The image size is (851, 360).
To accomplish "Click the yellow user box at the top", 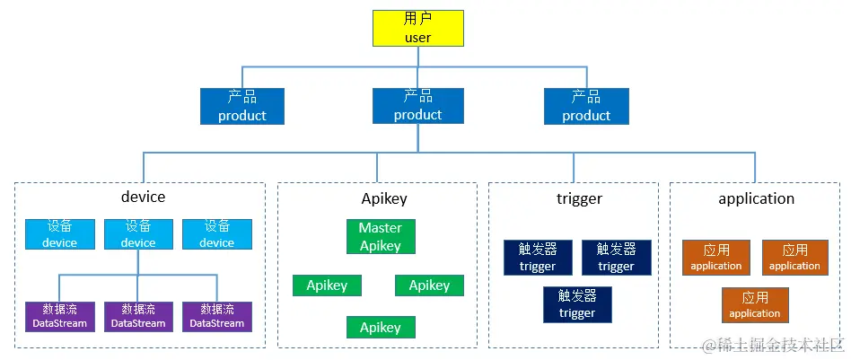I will coord(418,28).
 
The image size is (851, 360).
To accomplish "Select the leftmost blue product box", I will coord(241,106).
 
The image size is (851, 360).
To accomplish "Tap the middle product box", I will coord(418,106).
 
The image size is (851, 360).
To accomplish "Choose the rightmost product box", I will coord(586,106).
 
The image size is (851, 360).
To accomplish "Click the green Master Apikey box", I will coord(380,237).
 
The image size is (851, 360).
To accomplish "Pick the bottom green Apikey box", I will coord(380,328).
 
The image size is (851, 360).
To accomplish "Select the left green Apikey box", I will coord(327,285).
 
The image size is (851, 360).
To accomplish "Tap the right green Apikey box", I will coord(429,285).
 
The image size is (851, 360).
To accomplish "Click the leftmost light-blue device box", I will coord(59,234).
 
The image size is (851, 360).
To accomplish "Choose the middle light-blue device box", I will coord(138,234).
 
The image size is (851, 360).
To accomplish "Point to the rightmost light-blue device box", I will coord(216,234).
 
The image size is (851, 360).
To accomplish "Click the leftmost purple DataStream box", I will coord(59,316).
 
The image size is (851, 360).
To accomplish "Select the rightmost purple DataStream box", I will coord(216,316).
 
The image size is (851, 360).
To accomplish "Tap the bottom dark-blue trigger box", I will coord(576,304).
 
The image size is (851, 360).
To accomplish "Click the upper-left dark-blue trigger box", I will coord(538,258).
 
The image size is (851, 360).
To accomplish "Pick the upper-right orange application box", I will coord(794,258).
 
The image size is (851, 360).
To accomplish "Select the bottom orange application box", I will coord(755,305).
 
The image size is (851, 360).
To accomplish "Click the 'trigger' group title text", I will coord(579,198).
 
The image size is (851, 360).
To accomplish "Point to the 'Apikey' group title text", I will coord(384,198).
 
